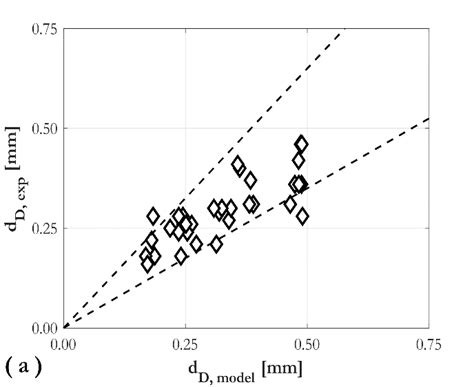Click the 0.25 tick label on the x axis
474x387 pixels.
click(x=185, y=344)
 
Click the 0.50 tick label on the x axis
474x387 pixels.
click(x=307, y=344)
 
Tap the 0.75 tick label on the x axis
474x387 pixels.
click(x=429, y=344)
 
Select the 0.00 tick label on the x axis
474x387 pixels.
click(x=64, y=344)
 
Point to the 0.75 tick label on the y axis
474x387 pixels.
click(x=43, y=29)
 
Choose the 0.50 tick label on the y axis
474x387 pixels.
click(x=43, y=128)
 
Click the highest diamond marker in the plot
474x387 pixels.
click(x=301, y=144)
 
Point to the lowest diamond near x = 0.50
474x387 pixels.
click(x=303, y=216)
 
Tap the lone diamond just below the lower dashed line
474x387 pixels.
click(x=216, y=244)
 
